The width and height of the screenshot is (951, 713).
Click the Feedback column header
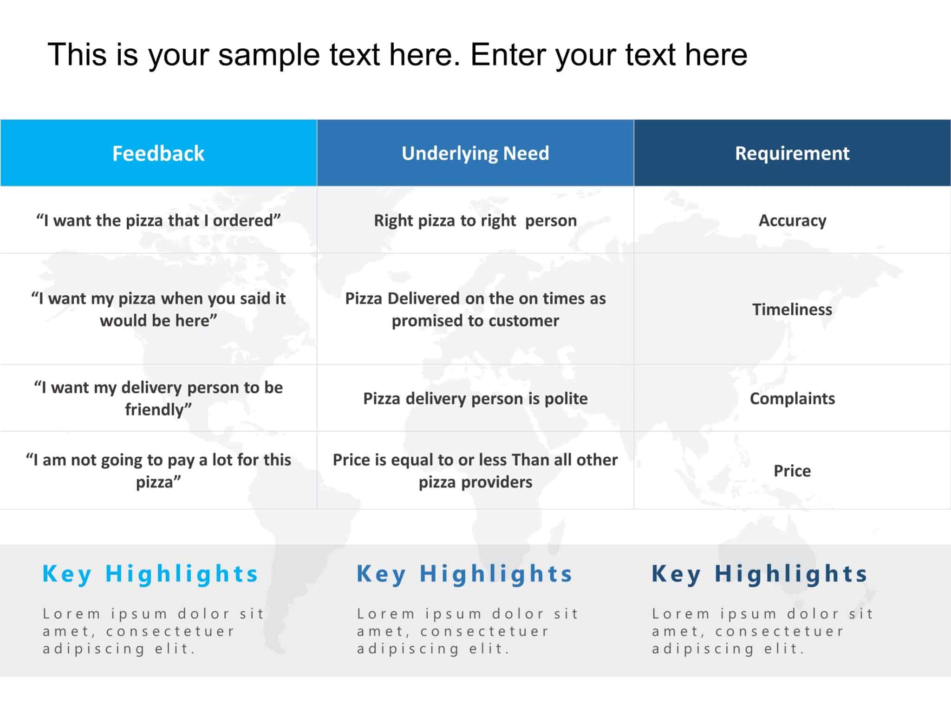(158, 153)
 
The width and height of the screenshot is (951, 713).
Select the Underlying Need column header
(475, 153)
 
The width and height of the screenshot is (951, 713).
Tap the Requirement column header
(792, 153)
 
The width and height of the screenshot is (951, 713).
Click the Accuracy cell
(792, 220)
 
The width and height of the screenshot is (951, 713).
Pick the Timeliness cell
(792, 309)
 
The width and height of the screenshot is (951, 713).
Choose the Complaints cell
(792, 398)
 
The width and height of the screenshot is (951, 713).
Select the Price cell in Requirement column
(792, 471)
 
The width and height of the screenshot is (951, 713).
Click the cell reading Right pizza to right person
(475, 220)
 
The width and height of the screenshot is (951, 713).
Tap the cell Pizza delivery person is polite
(475, 398)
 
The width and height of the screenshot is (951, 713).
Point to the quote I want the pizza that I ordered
(158, 220)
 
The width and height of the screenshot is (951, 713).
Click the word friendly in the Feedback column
(156, 409)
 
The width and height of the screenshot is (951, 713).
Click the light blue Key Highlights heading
(150, 574)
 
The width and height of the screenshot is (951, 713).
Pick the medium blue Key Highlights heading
(464, 574)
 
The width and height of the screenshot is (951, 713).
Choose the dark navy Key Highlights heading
(759, 574)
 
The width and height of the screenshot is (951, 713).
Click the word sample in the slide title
(269, 55)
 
